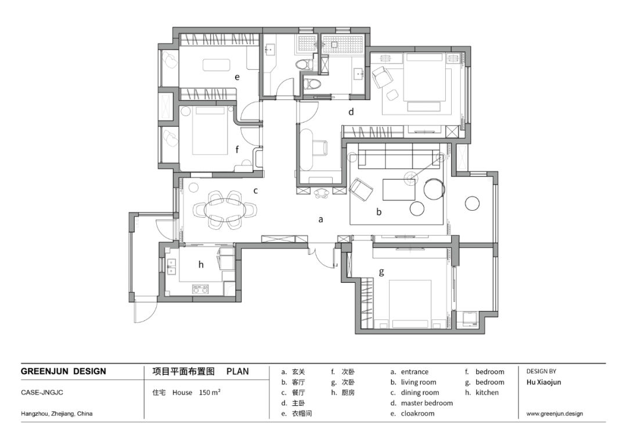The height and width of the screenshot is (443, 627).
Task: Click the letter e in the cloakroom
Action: click(x=237, y=77)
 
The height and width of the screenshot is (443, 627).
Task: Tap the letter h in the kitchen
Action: click(x=201, y=264)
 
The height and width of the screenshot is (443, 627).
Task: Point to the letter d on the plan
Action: click(x=351, y=111)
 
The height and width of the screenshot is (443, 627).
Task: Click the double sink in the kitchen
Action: click(x=171, y=268)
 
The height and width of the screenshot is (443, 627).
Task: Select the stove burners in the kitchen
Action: click(x=201, y=289)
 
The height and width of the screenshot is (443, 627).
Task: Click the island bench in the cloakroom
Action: click(x=217, y=65)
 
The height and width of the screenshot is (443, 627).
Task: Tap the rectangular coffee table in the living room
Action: click(x=399, y=189)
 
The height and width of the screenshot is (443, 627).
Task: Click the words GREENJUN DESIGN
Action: click(x=64, y=372)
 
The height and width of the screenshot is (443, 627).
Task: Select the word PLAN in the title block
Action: click(x=237, y=372)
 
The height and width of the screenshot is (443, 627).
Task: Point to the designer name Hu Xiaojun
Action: click(x=544, y=382)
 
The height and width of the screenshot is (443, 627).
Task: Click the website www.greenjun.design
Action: click(x=554, y=414)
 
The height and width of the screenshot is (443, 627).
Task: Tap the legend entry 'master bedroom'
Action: click(x=427, y=403)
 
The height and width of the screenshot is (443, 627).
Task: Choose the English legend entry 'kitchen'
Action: click(x=487, y=392)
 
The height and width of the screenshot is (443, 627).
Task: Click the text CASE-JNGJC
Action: click(x=42, y=392)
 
